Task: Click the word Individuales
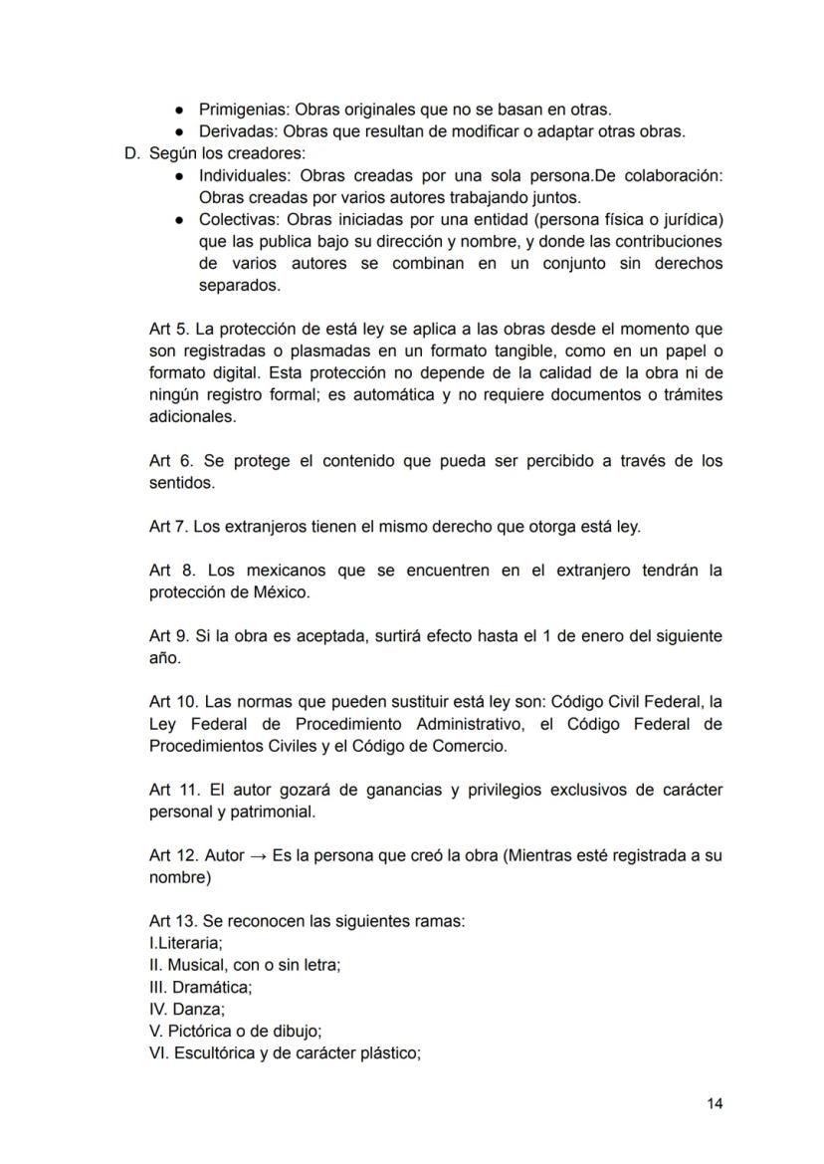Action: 241,175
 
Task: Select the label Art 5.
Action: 167,329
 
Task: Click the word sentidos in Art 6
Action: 181,483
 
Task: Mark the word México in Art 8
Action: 280,592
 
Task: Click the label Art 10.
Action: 171,702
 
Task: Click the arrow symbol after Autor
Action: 258,855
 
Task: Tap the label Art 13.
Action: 171,921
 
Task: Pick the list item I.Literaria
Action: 185,943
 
